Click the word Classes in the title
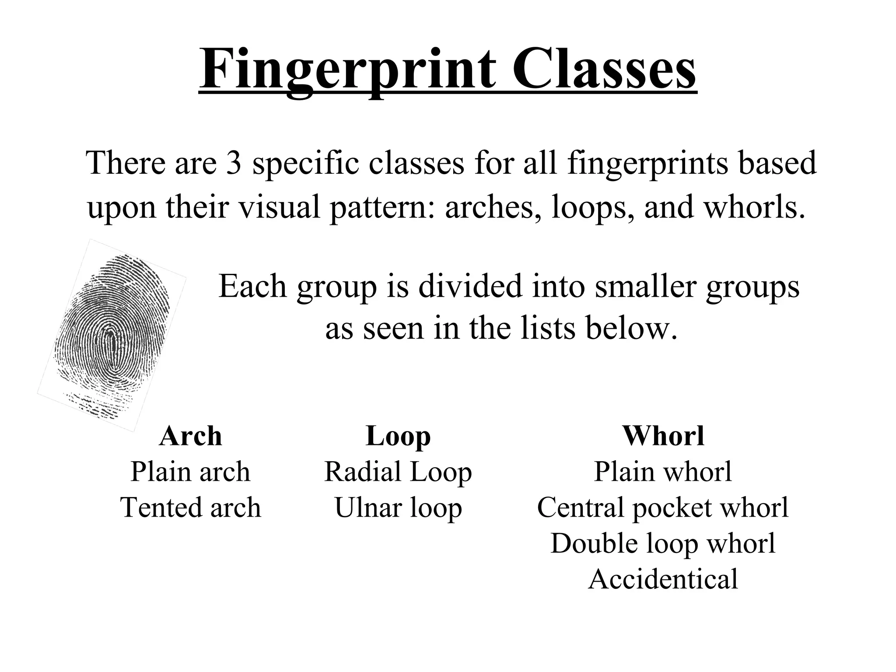pyautogui.click(x=603, y=70)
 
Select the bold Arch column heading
pyautogui.click(x=190, y=436)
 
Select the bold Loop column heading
pyautogui.click(x=398, y=437)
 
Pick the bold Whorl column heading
pyautogui.click(x=663, y=436)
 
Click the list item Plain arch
pyautogui.click(x=190, y=472)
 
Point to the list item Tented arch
pyautogui.click(x=190, y=507)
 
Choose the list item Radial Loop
pyautogui.click(x=398, y=472)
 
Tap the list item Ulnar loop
pyautogui.click(x=398, y=508)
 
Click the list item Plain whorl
pyautogui.click(x=663, y=472)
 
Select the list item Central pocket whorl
pyautogui.click(x=663, y=507)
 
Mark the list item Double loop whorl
pyautogui.click(x=663, y=543)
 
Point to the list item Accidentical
pyautogui.click(x=663, y=579)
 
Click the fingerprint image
pyautogui.click(x=112, y=335)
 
